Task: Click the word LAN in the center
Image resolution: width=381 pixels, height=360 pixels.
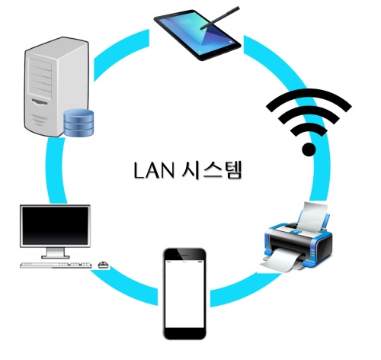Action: coord(154,170)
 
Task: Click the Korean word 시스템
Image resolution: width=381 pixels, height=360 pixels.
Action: coord(212,170)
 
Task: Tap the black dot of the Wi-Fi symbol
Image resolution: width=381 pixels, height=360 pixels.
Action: coord(309,149)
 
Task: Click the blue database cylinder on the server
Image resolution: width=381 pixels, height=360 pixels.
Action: coord(78,122)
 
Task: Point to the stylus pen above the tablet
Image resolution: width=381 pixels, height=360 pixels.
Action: coord(219,18)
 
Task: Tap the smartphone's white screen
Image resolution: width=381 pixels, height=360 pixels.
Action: coord(184,294)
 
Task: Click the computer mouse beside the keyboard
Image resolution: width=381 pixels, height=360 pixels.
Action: coord(103,265)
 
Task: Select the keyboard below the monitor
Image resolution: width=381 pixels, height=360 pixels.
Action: coord(56,265)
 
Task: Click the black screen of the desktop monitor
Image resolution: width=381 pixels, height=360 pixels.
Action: coord(55,226)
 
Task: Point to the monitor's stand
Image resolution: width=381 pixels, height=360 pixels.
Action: coord(55,253)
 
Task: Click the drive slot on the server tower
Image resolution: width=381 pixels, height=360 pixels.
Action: coord(40,101)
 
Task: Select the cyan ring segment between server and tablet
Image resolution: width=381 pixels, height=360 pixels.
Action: coord(121,55)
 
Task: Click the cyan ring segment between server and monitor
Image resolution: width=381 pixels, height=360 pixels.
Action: coord(56,171)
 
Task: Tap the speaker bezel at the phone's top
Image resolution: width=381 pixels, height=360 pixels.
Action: coord(184,254)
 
